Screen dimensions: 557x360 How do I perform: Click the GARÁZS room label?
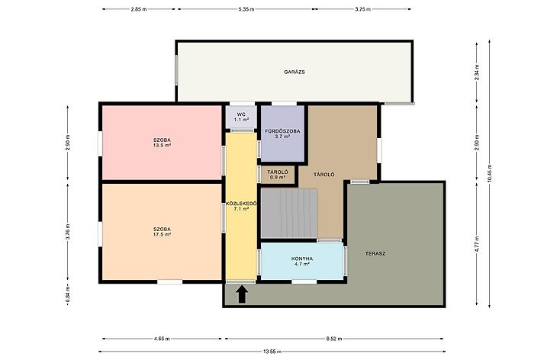pos(294,72)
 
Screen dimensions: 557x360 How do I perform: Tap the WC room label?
pos(241,114)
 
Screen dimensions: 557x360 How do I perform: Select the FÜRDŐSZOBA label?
pos(282,131)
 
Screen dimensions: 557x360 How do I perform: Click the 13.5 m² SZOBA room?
pos(162,143)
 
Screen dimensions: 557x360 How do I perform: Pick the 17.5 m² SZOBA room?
pos(162,232)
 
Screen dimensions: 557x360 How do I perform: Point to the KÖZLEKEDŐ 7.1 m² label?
pos(241,206)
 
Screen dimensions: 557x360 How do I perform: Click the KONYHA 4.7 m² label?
pos(302,262)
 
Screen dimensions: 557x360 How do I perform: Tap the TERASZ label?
pos(375,253)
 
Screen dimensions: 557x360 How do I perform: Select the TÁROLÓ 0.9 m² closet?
pos(278,175)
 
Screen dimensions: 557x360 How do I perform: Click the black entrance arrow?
pos(242,294)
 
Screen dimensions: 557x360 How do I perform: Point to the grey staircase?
pos(289,213)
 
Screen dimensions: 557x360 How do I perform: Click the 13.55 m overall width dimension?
pos(272,352)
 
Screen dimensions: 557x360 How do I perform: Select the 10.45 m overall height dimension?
pos(490,174)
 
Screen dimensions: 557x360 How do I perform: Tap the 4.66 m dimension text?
pos(162,339)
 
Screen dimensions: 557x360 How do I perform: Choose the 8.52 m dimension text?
pos(334,339)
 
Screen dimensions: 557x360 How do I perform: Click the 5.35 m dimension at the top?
pos(246,9)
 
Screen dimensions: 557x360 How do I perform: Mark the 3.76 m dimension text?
pos(67,232)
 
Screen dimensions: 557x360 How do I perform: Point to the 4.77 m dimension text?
pos(477,244)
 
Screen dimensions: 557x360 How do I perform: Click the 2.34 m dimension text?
pos(477,72)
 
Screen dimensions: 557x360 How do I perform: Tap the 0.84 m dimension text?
pos(67,296)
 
